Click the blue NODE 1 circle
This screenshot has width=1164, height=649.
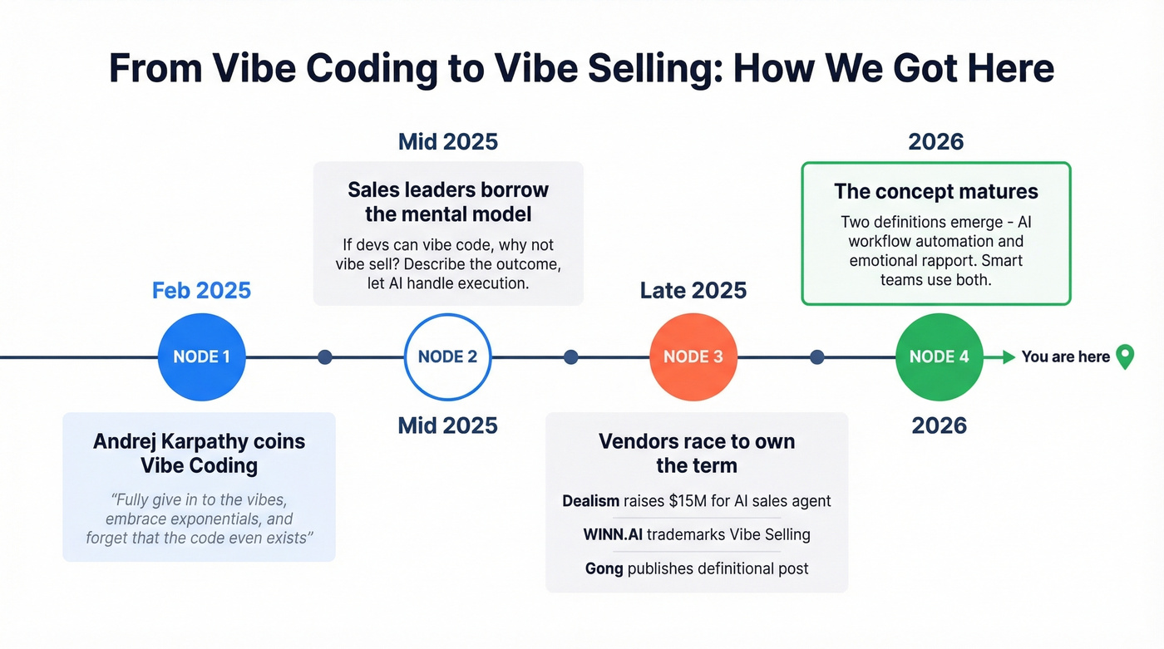(201, 357)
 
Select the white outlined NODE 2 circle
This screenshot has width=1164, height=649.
(447, 357)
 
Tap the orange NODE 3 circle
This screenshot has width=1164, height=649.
(693, 357)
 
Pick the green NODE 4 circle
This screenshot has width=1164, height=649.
(939, 357)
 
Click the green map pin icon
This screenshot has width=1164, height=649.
(1124, 356)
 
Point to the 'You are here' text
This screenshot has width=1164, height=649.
(1065, 356)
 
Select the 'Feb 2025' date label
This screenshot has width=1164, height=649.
(201, 291)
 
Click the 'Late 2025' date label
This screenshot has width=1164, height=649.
(693, 291)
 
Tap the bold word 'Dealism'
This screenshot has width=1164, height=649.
(590, 500)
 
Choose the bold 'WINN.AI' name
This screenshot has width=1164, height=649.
(612, 534)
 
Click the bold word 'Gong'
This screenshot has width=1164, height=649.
(604, 568)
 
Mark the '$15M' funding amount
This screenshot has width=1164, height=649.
(693, 500)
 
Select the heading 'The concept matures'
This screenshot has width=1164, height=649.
(935, 192)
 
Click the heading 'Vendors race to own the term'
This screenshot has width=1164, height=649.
(696, 453)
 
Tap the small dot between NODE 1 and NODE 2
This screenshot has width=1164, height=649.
(325, 357)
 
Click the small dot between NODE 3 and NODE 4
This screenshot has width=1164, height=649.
(816, 357)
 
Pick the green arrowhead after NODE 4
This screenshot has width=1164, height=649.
(1009, 357)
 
